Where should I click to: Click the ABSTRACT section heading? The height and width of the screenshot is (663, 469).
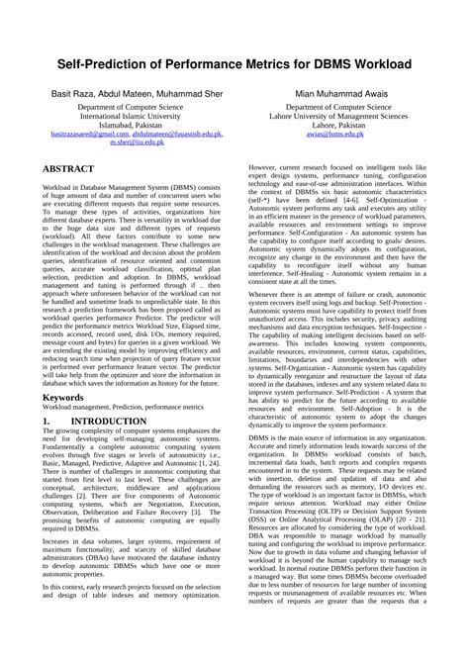[68, 169]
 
